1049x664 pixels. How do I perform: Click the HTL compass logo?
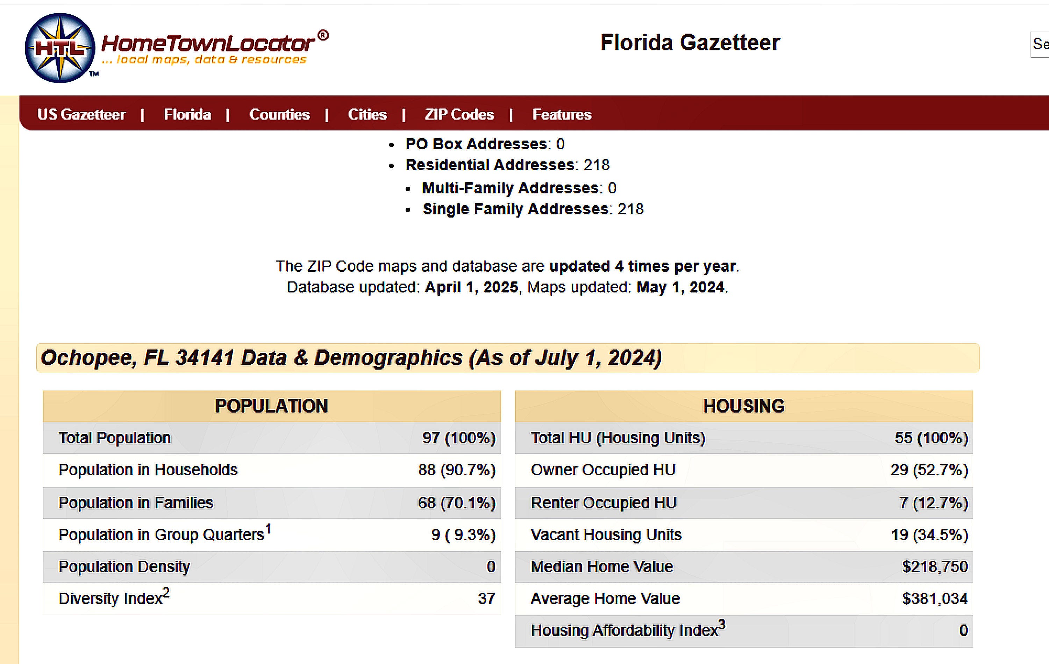[60, 48]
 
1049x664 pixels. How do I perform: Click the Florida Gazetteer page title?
[690, 43]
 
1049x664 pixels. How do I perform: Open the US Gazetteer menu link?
[81, 115]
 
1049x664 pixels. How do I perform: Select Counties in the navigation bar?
[279, 115]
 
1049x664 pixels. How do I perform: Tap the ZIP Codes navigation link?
[459, 115]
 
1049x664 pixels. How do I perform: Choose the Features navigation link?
[562, 115]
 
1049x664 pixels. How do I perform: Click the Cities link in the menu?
[367, 115]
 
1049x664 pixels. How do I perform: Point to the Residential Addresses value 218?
[597, 165]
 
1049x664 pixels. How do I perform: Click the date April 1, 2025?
[471, 287]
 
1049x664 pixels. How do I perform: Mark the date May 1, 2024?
[680, 287]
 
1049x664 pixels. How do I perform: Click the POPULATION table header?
[271, 406]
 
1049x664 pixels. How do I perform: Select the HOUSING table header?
[744, 406]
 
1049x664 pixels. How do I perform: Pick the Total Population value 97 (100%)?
[459, 438]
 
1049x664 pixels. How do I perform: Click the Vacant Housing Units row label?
[606, 535]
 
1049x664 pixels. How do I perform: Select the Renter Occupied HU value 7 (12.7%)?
[934, 503]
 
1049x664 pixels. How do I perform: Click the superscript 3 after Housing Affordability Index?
[722, 625]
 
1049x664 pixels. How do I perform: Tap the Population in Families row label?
[136, 503]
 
